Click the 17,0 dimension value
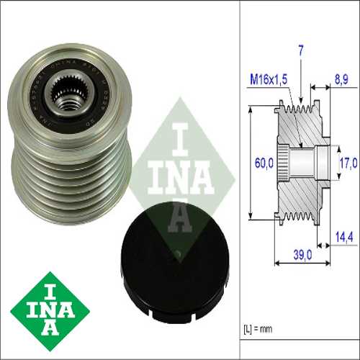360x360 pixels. [348, 163]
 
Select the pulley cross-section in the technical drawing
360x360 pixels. [299, 163]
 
